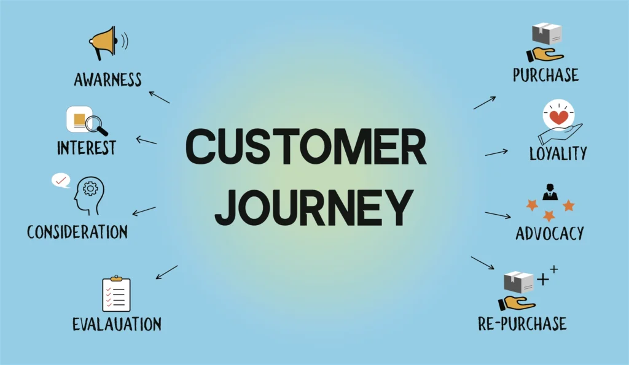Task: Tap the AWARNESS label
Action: [x=107, y=80]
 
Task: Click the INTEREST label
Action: [x=86, y=148]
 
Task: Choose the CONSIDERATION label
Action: [x=77, y=231]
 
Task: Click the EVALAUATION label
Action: [x=116, y=324]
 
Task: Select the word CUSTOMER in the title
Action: [x=305, y=147]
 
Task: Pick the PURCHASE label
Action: [x=545, y=75]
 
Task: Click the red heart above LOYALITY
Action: [x=558, y=117]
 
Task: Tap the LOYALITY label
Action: [x=558, y=153]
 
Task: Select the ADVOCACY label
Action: [x=549, y=233]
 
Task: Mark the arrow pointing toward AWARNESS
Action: [x=159, y=96]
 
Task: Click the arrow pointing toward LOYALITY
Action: [x=496, y=152]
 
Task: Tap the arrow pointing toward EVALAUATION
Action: [x=166, y=272]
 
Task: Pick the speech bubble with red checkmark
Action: [x=61, y=180]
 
